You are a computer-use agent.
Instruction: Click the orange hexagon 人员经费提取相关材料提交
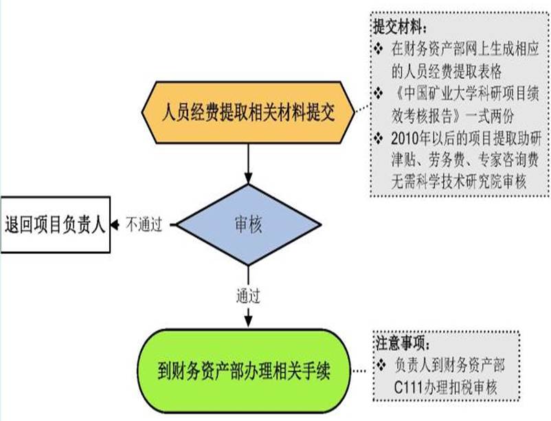pos(247,113)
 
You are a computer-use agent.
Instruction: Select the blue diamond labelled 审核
pos(248,224)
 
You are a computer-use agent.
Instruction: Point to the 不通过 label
pos(144,224)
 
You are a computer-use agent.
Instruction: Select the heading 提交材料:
pos(399,28)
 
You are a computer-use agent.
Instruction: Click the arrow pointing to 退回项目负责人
pos(119,224)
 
